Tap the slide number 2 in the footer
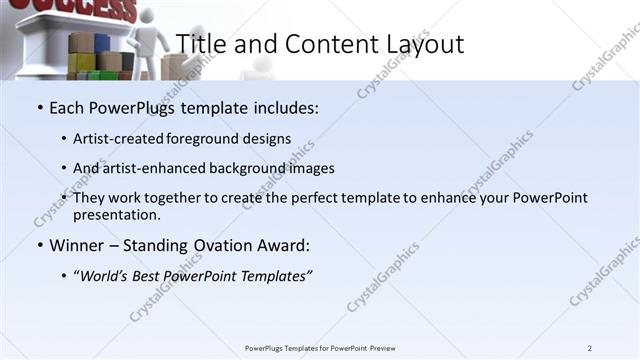[x=589, y=348]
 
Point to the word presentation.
[x=116, y=215]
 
